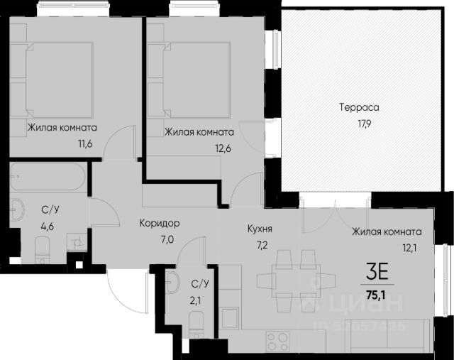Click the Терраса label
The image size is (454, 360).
(x=359, y=107)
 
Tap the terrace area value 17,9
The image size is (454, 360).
(x=364, y=124)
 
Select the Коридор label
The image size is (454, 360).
(x=160, y=223)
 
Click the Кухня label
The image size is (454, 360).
(x=260, y=229)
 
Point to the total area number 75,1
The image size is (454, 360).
(x=376, y=295)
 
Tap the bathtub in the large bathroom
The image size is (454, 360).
(x=48, y=177)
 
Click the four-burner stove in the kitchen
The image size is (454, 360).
(x=277, y=342)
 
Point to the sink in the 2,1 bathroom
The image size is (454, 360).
(x=172, y=283)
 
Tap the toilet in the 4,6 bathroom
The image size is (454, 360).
(x=43, y=250)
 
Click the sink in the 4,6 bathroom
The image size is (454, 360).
(x=17, y=209)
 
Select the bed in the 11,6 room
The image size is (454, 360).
(x=59, y=80)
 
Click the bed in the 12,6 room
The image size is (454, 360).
(x=197, y=80)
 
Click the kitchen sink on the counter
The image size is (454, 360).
(x=230, y=318)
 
